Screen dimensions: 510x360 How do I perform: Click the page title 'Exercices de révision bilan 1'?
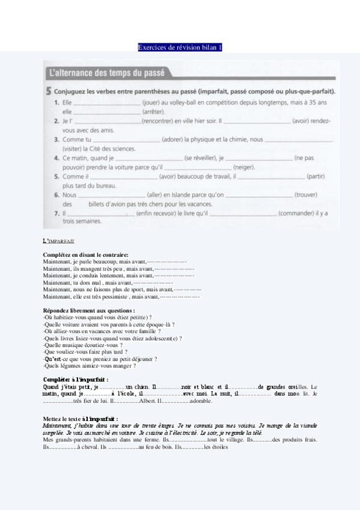pos(180,47)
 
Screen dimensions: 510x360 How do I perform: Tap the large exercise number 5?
pos(47,92)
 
